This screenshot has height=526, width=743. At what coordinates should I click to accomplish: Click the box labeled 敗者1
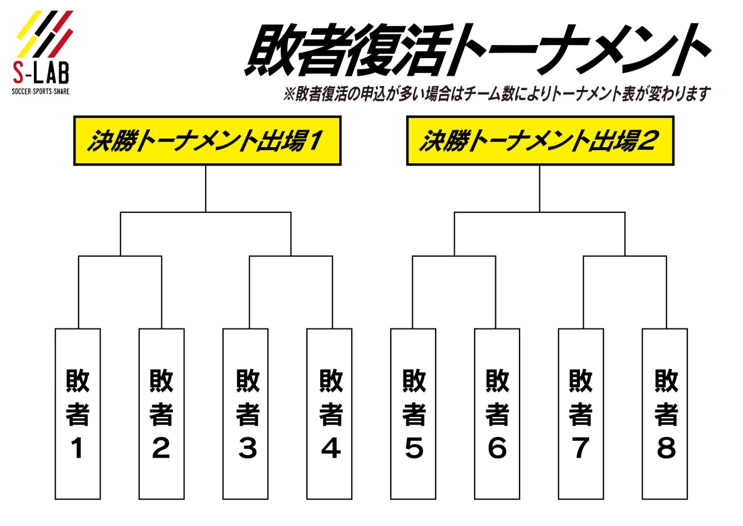click(x=78, y=414)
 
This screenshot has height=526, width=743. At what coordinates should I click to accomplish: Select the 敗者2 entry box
click(x=162, y=414)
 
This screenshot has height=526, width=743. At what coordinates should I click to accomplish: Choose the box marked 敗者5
click(x=413, y=414)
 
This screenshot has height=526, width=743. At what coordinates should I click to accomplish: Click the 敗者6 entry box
click(x=497, y=414)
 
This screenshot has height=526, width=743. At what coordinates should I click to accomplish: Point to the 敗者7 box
click(x=581, y=414)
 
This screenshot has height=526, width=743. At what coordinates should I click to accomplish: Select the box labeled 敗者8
click(x=665, y=414)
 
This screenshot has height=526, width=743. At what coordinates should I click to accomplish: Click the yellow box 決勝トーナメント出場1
click(x=207, y=141)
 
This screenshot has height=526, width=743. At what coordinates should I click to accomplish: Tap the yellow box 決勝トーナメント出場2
click(x=540, y=141)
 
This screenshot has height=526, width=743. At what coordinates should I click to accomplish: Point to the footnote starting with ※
click(x=495, y=93)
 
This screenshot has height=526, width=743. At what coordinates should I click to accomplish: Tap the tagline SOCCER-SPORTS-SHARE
click(x=41, y=91)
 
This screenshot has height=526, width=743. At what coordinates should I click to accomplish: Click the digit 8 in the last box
click(x=666, y=448)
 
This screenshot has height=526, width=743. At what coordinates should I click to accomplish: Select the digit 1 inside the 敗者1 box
click(x=77, y=448)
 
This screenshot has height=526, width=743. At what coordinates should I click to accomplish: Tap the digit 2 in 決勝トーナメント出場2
click(x=647, y=141)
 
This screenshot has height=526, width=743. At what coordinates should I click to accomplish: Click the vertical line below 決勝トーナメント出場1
click(x=206, y=188)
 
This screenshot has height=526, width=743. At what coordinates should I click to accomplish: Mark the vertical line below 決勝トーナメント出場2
click(x=539, y=188)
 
